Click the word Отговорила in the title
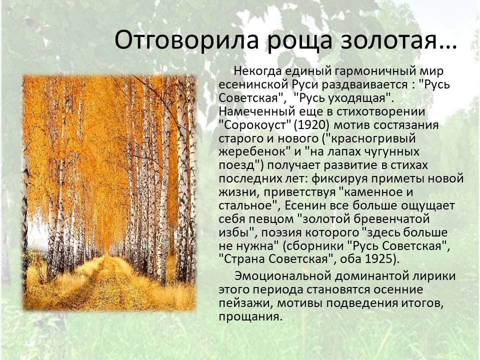point(187,40)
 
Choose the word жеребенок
point(252,152)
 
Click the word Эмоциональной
point(283,276)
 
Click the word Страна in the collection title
point(244,259)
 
